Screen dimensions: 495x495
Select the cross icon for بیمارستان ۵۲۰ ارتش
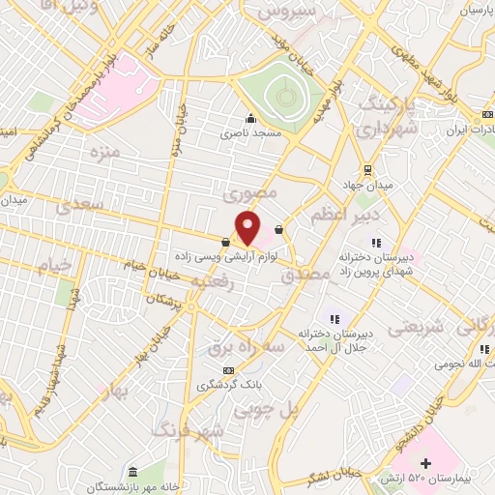click(426, 464)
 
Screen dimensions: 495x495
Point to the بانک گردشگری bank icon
click(228, 370)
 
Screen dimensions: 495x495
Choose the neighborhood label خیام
click(54, 264)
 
